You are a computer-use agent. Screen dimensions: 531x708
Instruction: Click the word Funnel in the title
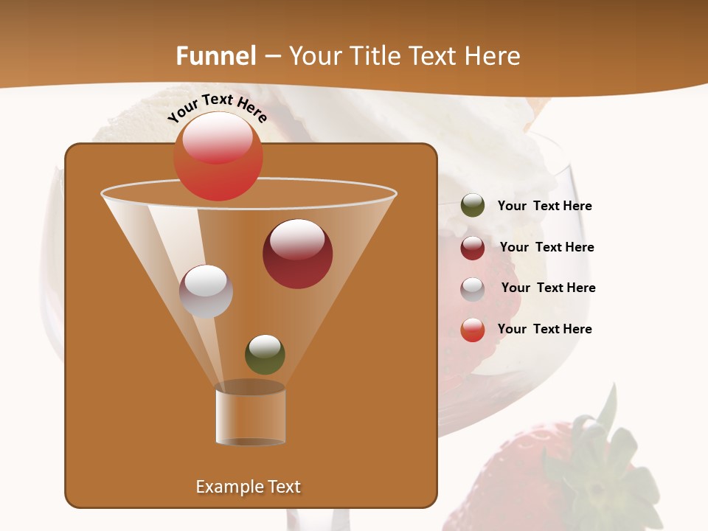tap(216, 56)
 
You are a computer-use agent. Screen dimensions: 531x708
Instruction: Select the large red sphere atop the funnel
tap(218, 156)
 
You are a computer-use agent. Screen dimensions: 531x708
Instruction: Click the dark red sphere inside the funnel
tap(297, 254)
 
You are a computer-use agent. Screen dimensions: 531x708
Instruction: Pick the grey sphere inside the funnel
tap(206, 291)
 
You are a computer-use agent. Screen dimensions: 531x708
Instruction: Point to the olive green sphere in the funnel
tap(265, 354)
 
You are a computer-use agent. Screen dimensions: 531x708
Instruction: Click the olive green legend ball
tap(473, 206)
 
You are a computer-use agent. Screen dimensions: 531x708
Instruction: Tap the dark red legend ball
tap(473, 247)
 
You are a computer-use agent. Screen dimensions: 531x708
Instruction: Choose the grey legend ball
tap(473, 288)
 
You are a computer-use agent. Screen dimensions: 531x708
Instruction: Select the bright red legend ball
tap(473, 330)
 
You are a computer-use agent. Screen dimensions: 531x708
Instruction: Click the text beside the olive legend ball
tap(544, 206)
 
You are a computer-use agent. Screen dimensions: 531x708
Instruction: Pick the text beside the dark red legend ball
tap(546, 247)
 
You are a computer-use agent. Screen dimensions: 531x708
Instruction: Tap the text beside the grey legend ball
tap(548, 288)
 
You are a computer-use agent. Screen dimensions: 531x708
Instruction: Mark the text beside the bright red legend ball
tap(544, 329)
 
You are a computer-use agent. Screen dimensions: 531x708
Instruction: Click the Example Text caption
tap(248, 487)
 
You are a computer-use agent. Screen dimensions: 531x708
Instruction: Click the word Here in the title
tap(493, 56)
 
